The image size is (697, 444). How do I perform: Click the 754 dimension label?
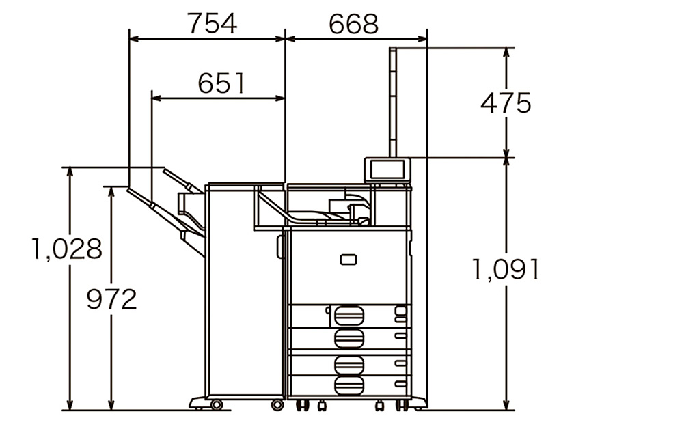pyautogui.click(x=212, y=23)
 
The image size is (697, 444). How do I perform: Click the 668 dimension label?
pyautogui.click(x=353, y=24)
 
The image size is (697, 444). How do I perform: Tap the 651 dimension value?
pyautogui.click(x=221, y=83)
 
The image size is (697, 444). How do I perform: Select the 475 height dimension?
pyautogui.click(x=506, y=103)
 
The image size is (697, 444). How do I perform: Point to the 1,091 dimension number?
pyautogui.click(x=506, y=269)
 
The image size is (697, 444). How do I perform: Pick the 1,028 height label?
pyautogui.click(x=67, y=249)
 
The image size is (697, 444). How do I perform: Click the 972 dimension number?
pyautogui.click(x=111, y=299)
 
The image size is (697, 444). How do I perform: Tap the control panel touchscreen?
pyautogui.click(x=387, y=169)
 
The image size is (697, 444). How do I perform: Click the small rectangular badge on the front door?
pyautogui.click(x=348, y=260)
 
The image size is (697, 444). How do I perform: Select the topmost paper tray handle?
pyautogui.click(x=349, y=315)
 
